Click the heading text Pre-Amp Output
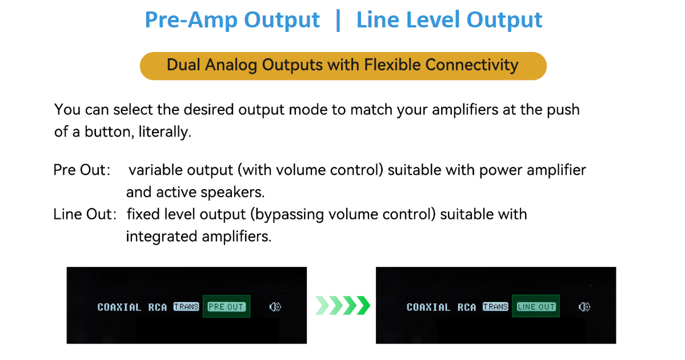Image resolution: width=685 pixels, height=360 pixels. click(x=232, y=20)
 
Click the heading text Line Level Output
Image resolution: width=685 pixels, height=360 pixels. click(x=449, y=20)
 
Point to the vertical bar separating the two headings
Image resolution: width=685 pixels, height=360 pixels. click(x=338, y=20)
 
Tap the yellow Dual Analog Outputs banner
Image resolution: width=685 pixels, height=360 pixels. click(x=343, y=66)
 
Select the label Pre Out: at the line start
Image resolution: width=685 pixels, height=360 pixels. click(x=82, y=170)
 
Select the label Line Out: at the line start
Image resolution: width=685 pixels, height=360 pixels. click(x=85, y=214)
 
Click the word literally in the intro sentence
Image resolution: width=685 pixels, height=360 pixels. click(x=165, y=132)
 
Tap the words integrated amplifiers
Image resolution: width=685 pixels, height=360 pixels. click(x=199, y=237)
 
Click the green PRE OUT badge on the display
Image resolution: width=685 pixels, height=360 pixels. click(x=226, y=307)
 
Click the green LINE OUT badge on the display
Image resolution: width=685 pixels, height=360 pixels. click(x=536, y=307)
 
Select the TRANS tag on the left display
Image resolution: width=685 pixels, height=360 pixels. click(x=186, y=307)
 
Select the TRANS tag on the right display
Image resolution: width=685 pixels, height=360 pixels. click(x=495, y=307)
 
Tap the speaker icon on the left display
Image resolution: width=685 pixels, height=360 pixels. click(x=275, y=307)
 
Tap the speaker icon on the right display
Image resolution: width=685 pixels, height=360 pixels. click(x=584, y=307)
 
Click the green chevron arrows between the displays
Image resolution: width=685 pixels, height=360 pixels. click(x=343, y=305)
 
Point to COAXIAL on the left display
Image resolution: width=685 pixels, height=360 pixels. click(x=119, y=307)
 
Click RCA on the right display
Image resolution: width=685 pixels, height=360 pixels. click(x=467, y=307)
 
